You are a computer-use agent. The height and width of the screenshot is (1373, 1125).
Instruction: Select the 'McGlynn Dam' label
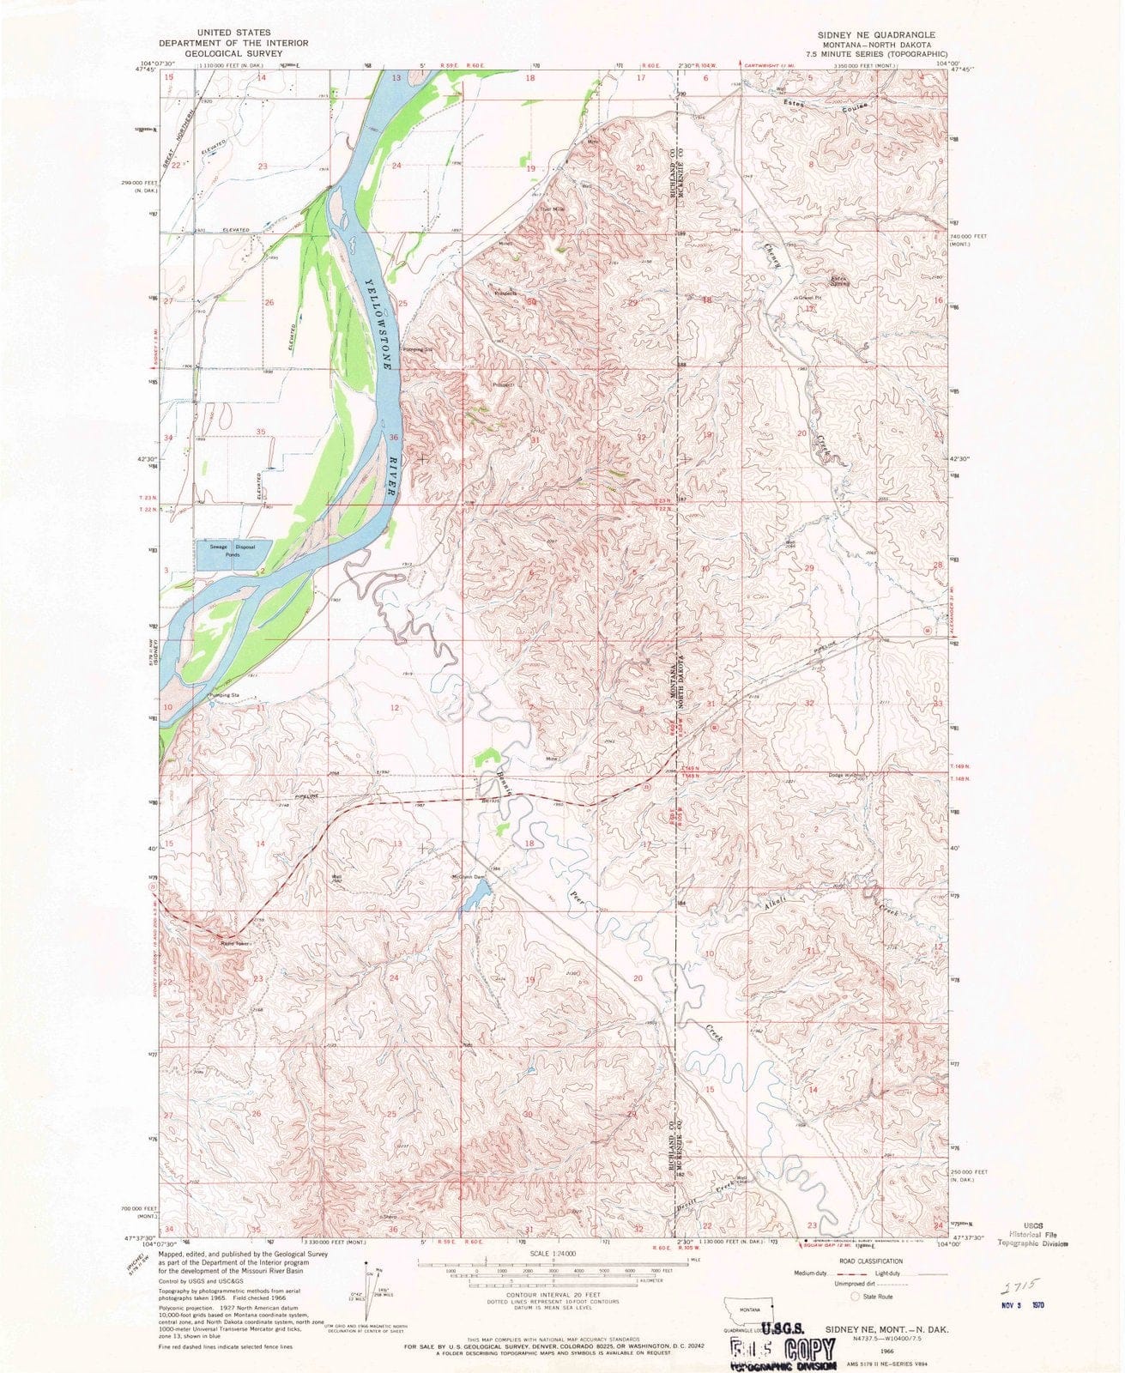pyautogui.click(x=469, y=876)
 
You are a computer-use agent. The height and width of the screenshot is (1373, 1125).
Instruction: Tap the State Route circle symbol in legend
pyautogui.click(x=855, y=1297)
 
